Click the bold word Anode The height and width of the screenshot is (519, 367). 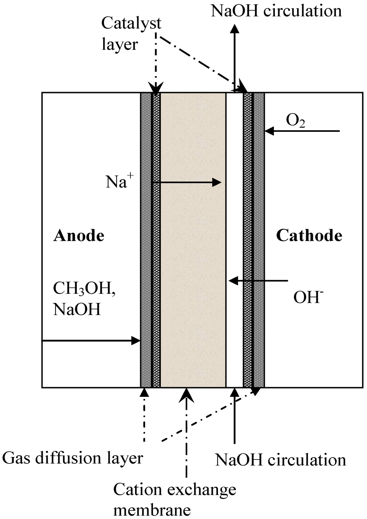coord(79,236)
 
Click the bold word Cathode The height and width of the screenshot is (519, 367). coord(309,236)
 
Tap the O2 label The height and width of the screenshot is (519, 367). coord(295,121)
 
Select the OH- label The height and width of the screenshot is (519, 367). coord(308,297)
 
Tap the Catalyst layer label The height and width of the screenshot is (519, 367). coord(131,34)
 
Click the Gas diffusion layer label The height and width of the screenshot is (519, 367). coord(73,458)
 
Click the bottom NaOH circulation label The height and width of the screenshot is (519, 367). coord(281,460)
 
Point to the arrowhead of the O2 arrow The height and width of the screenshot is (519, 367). coord(268,131)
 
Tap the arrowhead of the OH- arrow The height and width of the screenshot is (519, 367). coord(233,281)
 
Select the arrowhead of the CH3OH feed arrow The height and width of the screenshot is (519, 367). coord(136,340)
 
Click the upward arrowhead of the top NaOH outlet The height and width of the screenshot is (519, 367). coord(235,28)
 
